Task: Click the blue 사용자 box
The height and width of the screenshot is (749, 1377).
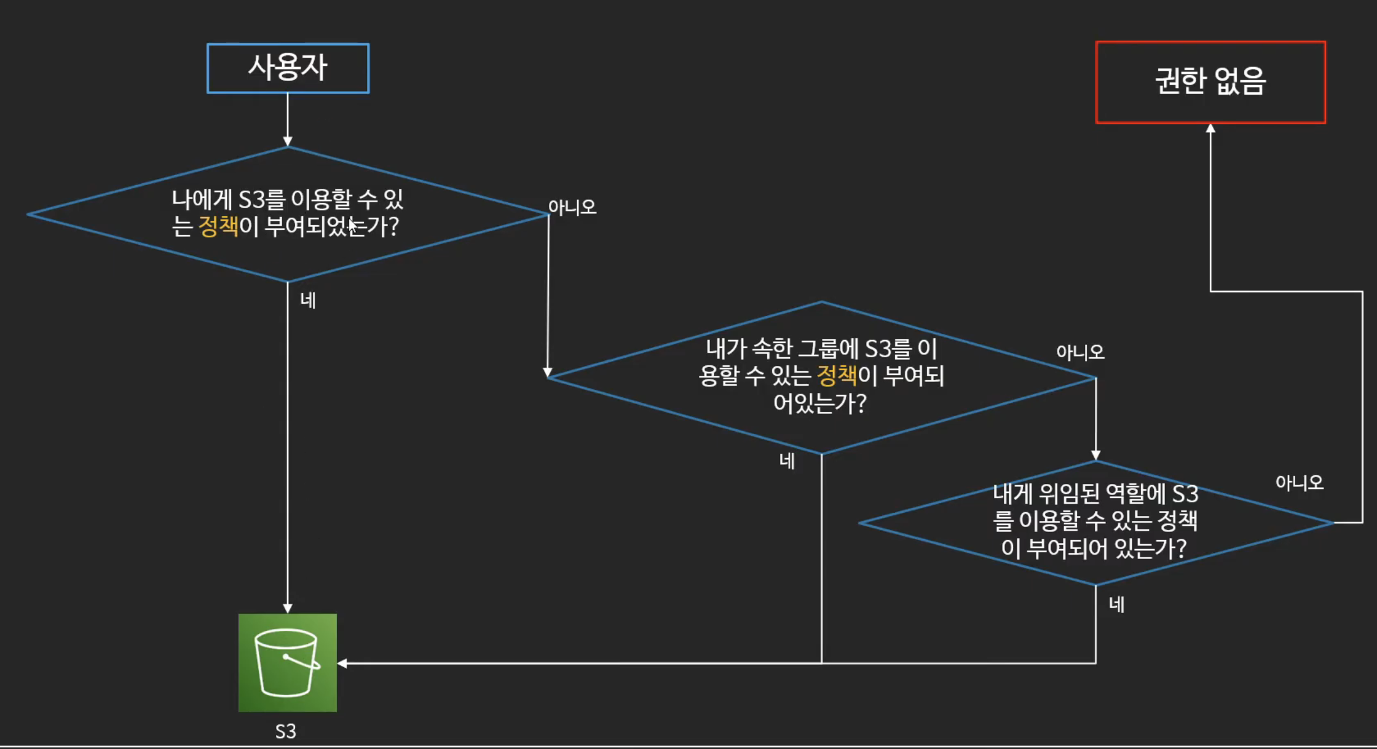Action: [288, 68]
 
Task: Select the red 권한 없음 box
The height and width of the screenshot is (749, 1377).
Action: [1210, 82]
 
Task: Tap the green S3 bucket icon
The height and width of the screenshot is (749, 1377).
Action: [288, 662]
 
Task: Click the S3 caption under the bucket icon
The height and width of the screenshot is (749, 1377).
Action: [285, 731]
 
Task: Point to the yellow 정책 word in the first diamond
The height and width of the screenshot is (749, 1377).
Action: [218, 226]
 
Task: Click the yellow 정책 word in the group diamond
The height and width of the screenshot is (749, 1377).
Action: [837, 375]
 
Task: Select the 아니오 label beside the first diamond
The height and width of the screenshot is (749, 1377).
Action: [572, 207]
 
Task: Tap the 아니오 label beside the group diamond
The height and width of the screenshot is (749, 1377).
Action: [1080, 352]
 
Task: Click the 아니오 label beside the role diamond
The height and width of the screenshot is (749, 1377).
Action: [1299, 483]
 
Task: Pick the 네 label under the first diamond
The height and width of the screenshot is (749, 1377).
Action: [308, 301]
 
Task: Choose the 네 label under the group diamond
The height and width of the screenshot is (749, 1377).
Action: [787, 461]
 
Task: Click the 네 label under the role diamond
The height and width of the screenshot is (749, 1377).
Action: [1116, 604]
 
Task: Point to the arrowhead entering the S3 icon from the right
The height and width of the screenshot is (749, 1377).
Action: [342, 663]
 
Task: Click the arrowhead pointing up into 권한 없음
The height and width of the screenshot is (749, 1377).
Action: [1210, 129]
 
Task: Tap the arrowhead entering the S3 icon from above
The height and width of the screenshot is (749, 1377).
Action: [288, 608]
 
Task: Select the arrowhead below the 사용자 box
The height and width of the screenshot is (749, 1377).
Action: [288, 141]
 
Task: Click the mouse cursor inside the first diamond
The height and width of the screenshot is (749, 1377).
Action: [352, 226]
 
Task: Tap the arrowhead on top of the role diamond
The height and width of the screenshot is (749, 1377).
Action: [1095, 456]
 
